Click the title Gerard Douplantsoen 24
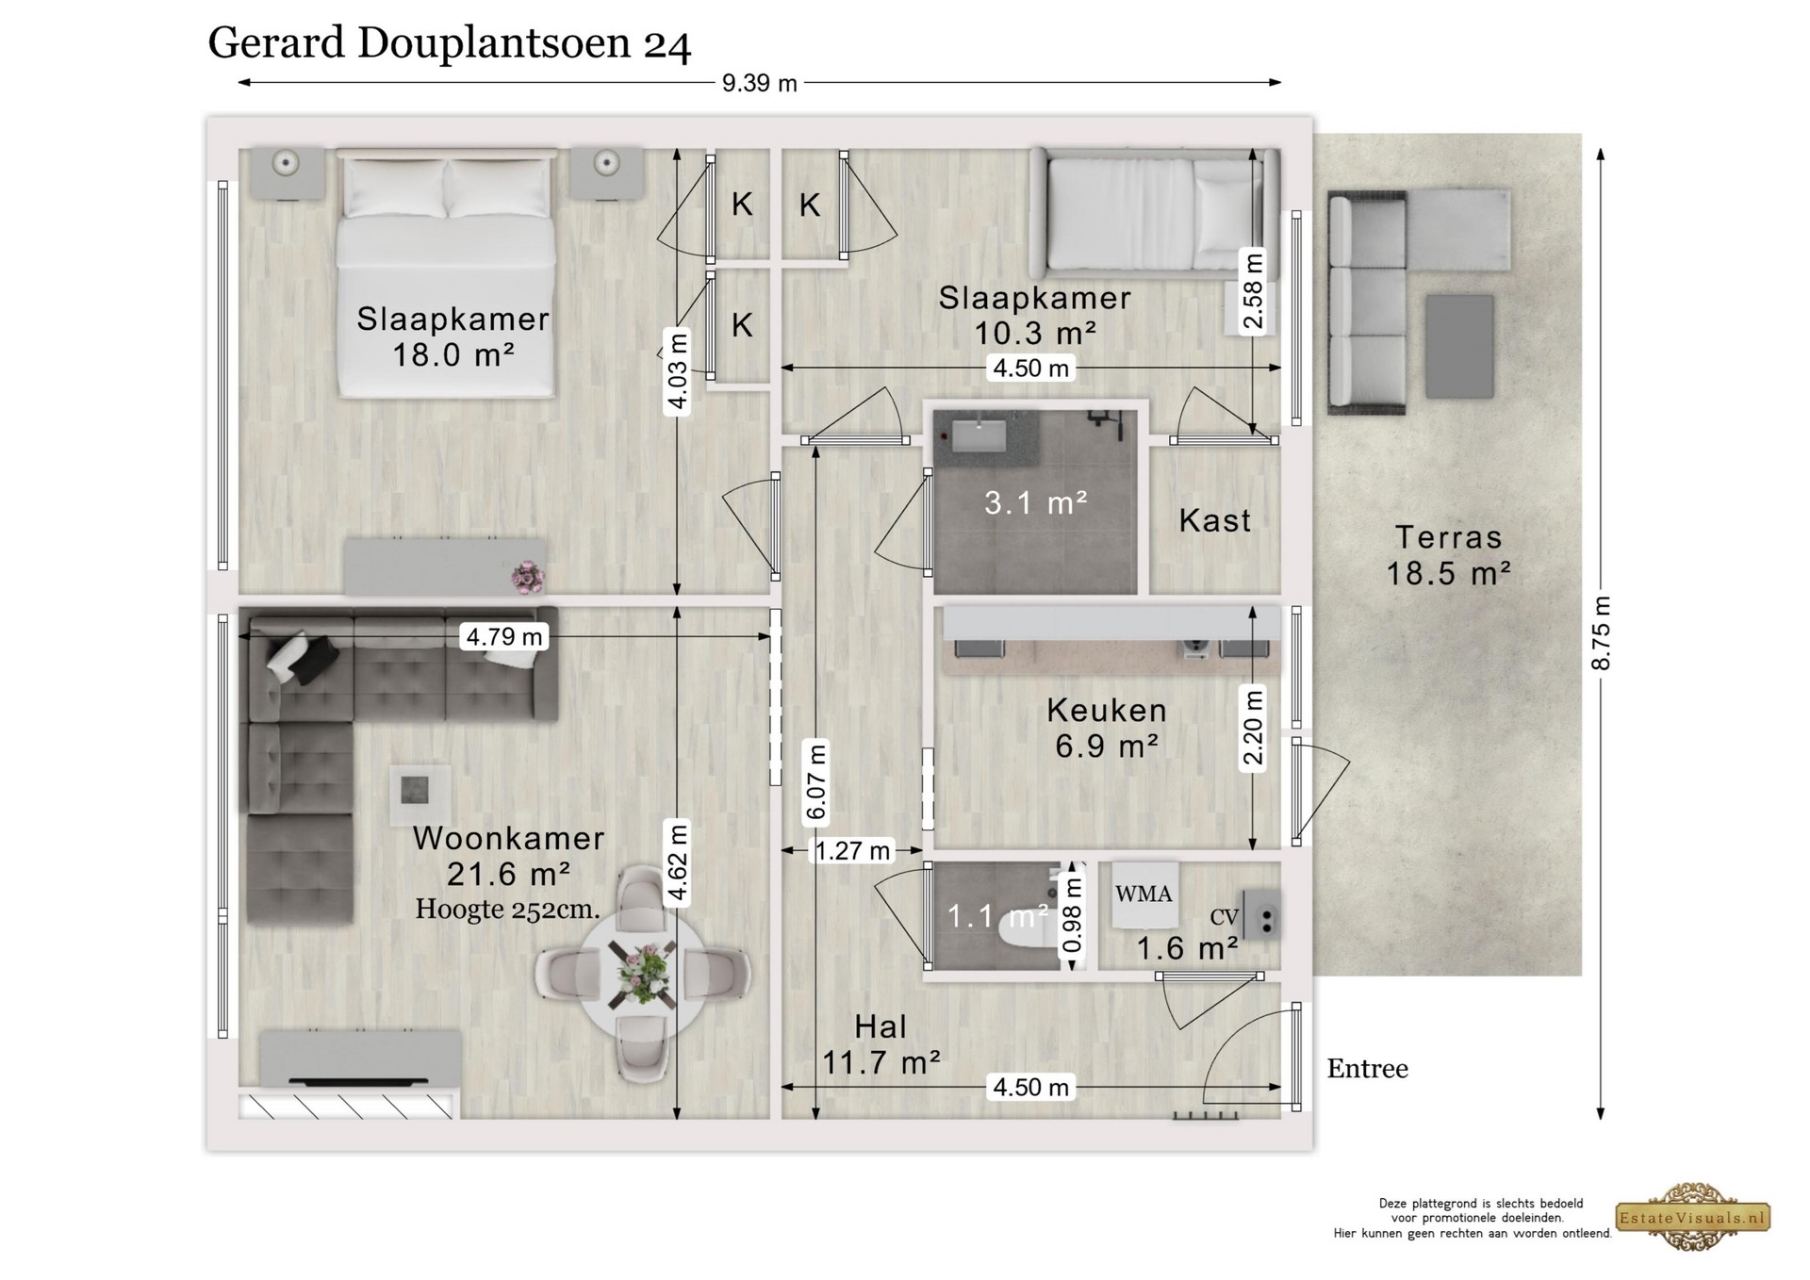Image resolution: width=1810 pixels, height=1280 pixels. (x=450, y=43)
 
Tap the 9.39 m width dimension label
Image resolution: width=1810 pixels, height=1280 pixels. (x=760, y=83)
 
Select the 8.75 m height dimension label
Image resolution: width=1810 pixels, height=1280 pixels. (x=1601, y=633)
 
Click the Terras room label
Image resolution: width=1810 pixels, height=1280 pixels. (x=1448, y=537)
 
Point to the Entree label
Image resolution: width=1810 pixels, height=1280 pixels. (x=1368, y=1068)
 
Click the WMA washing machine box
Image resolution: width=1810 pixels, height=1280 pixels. (x=1144, y=894)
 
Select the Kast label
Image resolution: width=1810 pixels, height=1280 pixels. (x=1215, y=520)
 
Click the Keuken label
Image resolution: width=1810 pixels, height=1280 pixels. (x=1107, y=710)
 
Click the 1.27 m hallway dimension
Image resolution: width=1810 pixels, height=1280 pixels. (x=852, y=851)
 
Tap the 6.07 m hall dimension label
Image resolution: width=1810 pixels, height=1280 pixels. (x=816, y=782)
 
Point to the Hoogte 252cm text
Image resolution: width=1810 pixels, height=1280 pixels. (x=508, y=910)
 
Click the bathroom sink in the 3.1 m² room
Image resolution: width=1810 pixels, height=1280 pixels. (x=979, y=435)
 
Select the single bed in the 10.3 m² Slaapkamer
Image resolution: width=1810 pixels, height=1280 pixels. (x=1155, y=213)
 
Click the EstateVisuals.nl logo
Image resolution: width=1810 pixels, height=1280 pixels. (x=1693, y=1217)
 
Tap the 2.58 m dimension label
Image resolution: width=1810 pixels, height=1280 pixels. (x=1253, y=291)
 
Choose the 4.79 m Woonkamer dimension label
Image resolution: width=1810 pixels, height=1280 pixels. (x=504, y=637)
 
